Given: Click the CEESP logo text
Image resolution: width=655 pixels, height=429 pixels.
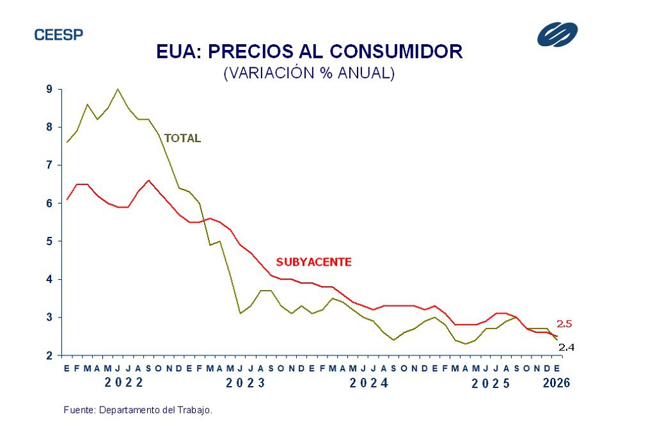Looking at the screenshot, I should [x=58, y=35].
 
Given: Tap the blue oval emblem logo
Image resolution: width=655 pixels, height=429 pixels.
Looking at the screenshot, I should [x=557, y=35].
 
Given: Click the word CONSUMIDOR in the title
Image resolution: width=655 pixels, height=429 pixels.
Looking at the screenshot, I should [x=391, y=52].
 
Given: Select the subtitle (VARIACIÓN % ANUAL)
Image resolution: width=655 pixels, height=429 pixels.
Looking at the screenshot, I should [x=309, y=73].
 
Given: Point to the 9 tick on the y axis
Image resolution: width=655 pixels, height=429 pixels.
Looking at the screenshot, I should [x=49, y=90].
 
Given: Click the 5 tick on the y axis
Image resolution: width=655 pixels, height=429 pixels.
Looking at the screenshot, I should [x=49, y=241].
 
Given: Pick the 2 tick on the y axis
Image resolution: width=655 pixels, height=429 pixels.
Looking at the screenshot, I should [x=49, y=355].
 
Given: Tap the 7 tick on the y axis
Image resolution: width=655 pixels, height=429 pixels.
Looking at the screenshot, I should [x=49, y=165].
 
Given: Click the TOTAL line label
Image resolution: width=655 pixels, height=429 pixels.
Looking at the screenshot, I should [x=182, y=138].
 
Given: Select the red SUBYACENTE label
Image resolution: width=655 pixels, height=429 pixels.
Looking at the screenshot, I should [x=313, y=262].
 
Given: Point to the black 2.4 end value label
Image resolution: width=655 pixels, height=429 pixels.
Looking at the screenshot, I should [x=567, y=348].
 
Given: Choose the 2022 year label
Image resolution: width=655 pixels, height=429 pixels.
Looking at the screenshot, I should [x=124, y=384].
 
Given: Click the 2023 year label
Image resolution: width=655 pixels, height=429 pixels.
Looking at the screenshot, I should [x=246, y=384].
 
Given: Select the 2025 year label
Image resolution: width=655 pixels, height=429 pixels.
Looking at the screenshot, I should [x=491, y=384].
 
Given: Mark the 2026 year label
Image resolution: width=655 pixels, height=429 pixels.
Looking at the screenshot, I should [x=556, y=384].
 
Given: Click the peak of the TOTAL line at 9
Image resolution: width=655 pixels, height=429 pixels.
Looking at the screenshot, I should [x=118, y=90].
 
